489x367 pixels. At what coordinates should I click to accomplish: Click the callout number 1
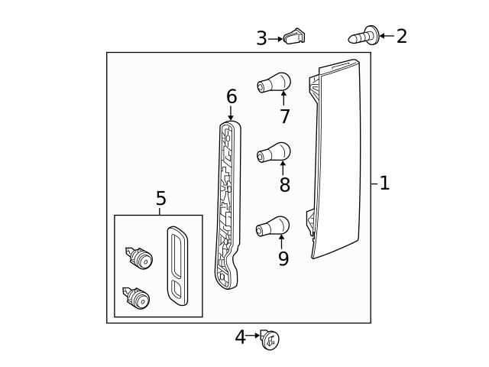tap(384, 183)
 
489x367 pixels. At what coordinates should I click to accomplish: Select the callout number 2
tap(401, 36)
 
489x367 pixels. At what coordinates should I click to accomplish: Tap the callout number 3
tap(261, 38)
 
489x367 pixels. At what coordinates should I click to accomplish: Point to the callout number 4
tap(240, 337)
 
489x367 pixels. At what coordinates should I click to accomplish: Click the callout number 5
tap(160, 199)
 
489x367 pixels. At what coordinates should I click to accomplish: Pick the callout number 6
tap(231, 97)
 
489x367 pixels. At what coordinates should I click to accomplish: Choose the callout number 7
tap(284, 116)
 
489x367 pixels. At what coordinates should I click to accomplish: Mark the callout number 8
tap(284, 184)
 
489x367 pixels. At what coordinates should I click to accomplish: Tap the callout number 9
tap(283, 259)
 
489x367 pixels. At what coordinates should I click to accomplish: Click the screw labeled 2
tap(364, 35)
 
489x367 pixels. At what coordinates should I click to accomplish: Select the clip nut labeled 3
tap(294, 36)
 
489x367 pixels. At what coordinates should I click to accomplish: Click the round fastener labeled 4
tap(270, 339)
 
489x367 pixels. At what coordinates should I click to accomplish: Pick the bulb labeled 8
tap(273, 153)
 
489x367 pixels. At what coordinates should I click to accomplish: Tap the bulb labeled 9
tap(273, 226)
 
